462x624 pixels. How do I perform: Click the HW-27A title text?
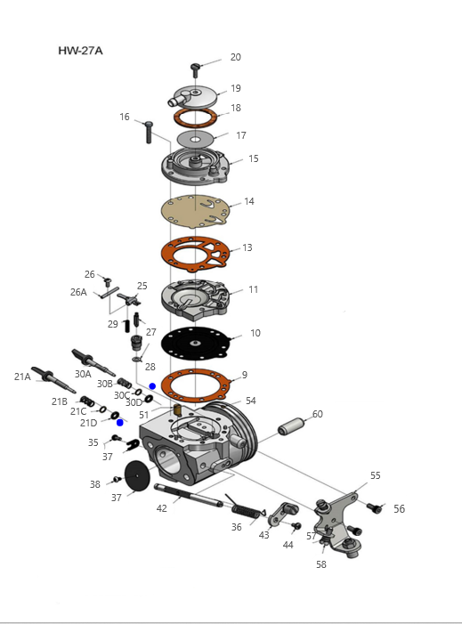click(x=80, y=51)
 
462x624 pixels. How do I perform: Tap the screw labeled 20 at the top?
click(x=195, y=70)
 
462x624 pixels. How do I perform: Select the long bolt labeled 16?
click(x=149, y=132)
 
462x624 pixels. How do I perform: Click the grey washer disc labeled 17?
click(x=195, y=139)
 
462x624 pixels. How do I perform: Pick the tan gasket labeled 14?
click(x=195, y=211)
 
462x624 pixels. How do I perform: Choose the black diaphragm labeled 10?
click(x=195, y=344)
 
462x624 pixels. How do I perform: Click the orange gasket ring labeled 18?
click(x=195, y=118)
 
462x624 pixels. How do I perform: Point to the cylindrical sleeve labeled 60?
click(x=291, y=426)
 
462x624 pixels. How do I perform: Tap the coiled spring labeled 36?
click(x=245, y=507)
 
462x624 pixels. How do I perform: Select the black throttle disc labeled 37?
click(x=137, y=475)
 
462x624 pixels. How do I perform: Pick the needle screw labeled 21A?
click(x=53, y=379)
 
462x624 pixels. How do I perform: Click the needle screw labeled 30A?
click(x=93, y=362)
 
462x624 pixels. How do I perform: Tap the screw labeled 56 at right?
click(x=374, y=508)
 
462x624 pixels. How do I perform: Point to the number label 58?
click(x=321, y=564)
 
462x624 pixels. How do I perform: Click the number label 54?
click(x=251, y=401)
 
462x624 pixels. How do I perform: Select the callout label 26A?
click(x=78, y=292)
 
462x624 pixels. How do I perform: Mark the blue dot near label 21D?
click(x=120, y=423)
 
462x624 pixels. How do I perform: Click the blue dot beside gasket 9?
click(x=152, y=386)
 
